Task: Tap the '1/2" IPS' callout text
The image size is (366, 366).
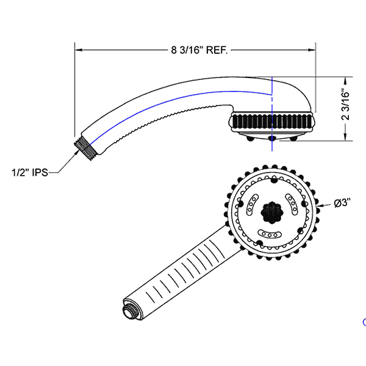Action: click(29, 173)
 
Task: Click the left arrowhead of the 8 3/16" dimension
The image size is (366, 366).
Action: click(77, 51)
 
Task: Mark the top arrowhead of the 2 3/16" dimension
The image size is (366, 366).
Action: click(345, 80)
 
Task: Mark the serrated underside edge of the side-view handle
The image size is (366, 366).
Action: click(165, 118)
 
